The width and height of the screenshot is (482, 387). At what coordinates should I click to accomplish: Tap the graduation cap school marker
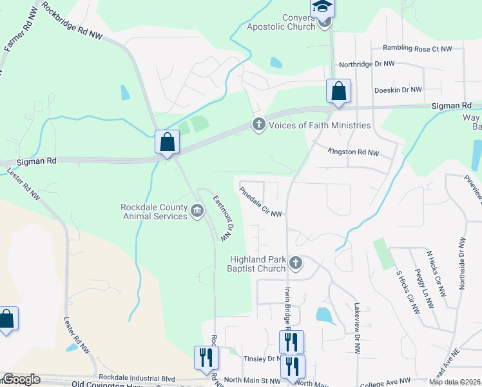[x=321, y=6]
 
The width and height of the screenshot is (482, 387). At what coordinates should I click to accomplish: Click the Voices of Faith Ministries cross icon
[x=259, y=124]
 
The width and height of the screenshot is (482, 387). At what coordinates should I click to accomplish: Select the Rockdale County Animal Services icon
[x=197, y=210]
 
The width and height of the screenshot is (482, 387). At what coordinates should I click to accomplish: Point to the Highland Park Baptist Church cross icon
[x=295, y=262]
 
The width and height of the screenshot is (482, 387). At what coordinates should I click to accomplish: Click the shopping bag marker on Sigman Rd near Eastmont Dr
[x=167, y=141]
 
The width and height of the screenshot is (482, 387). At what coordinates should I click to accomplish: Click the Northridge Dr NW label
[x=367, y=64]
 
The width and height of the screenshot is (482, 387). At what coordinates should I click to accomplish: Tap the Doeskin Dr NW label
[x=398, y=90]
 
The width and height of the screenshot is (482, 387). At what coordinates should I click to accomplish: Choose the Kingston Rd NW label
[x=353, y=153]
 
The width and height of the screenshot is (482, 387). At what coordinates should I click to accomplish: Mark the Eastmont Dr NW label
[x=221, y=219]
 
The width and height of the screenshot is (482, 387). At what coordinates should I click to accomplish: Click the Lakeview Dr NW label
[x=356, y=327]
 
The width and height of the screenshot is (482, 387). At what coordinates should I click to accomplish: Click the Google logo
[x=21, y=379]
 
